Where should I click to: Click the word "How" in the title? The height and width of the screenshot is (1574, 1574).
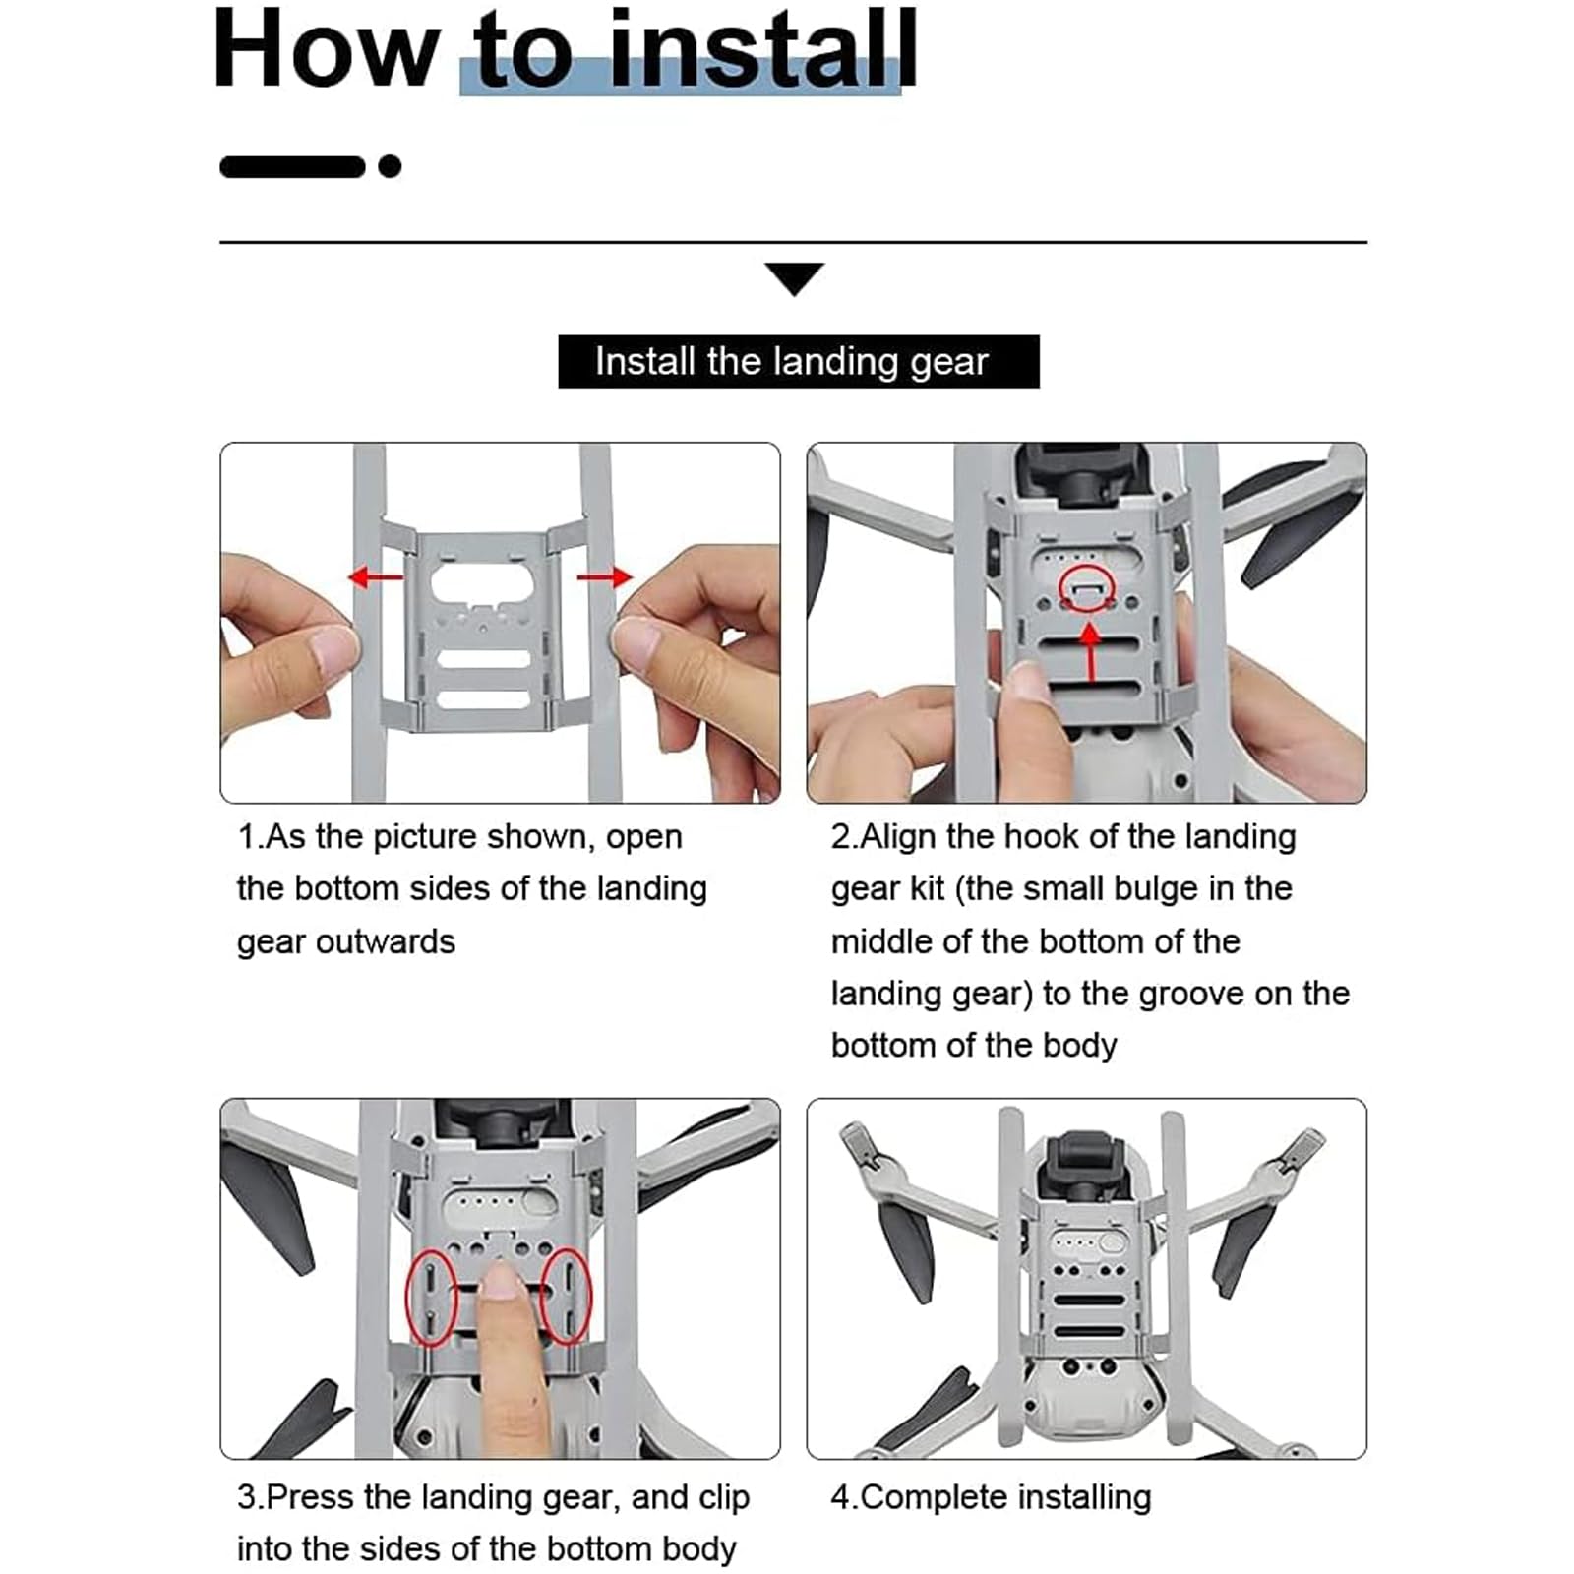[326, 49]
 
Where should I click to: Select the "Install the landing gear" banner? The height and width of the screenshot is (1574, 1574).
[798, 361]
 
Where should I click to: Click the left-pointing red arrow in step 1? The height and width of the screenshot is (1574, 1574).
[376, 575]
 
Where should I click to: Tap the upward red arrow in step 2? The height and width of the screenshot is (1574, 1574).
[1089, 650]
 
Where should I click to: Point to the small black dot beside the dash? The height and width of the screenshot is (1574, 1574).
[390, 166]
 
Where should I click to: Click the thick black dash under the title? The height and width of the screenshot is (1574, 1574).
[293, 166]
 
